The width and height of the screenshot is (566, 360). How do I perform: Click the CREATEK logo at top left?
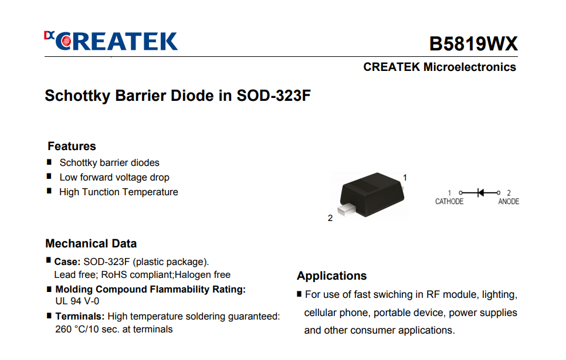111,40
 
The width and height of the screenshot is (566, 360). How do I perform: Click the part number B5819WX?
473,43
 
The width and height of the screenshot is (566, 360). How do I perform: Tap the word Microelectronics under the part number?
470,67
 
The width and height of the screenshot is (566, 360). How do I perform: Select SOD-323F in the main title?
273,96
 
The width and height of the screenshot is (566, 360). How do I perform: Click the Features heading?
72,146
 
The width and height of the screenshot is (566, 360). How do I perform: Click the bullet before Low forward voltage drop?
49,176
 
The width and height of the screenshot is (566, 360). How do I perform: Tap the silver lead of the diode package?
346,210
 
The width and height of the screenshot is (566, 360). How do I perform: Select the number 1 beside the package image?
405,178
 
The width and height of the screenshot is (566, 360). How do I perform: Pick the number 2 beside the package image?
330,218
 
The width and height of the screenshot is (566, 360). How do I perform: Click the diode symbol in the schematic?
480,193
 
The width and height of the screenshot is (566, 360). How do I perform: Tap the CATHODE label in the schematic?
449,201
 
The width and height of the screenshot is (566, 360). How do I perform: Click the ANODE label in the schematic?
509,201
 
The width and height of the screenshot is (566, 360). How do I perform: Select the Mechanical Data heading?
91,243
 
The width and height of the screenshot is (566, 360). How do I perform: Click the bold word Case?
67,261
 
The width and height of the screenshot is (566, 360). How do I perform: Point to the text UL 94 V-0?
77,301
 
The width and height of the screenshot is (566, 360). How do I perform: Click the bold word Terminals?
80,317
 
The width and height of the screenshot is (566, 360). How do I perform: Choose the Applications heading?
332,276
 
